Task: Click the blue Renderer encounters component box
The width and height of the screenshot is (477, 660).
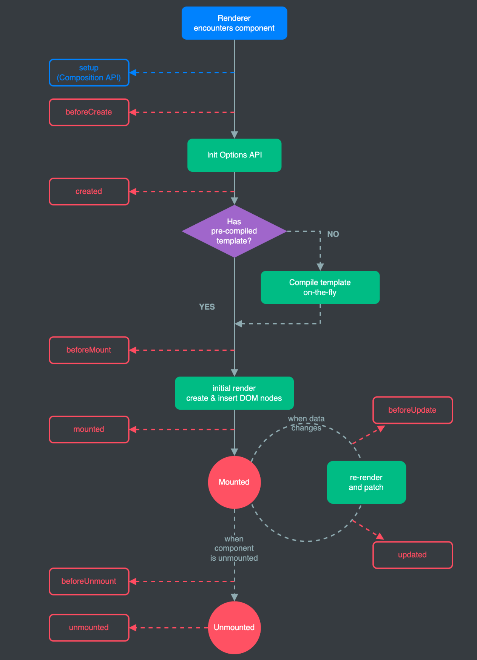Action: pyautogui.click(x=234, y=23)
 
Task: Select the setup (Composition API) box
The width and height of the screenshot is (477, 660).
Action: pyautogui.click(x=89, y=72)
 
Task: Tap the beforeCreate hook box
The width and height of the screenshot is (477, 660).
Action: pyautogui.click(x=89, y=112)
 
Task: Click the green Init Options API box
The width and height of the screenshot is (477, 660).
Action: pyautogui.click(x=234, y=155)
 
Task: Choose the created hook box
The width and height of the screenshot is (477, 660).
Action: pyautogui.click(x=89, y=191)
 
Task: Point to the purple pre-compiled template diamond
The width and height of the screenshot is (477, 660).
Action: pyautogui.click(x=234, y=231)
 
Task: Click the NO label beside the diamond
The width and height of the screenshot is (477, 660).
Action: pyautogui.click(x=333, y=234)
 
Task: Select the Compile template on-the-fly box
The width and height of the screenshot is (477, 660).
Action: pyautogui.click(x=320, y=287)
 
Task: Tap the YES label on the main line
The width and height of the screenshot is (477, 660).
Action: pyautogui.click(x=207, y=307)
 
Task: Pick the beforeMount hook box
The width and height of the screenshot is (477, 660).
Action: pyautogui.click(x=89, y=350)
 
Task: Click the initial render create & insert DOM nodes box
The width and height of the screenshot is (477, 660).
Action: pyautogui.click(x=234, y=393)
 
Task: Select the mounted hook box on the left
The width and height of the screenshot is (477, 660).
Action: pyautogui.click(x=89, y=429)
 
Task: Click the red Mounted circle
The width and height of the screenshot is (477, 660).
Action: pyautogui.click(x=234, y=482)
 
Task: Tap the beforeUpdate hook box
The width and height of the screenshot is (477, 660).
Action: pyautogui.click(x=412, y=410)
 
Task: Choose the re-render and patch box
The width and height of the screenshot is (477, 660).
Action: pyautogui.click(x=366, y=482)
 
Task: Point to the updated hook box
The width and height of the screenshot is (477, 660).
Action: pyautogui.click(x=412, y=555)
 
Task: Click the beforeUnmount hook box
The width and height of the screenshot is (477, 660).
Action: pyautogui.click(x=89, y=581)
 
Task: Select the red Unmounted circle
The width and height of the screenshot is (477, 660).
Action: pyautogui.click(x=234, y=628)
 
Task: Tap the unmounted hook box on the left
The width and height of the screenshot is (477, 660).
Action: pyautogui.click(x=89, y=628)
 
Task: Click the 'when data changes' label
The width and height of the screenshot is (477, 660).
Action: pyautogui.click(x=306, y=423)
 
